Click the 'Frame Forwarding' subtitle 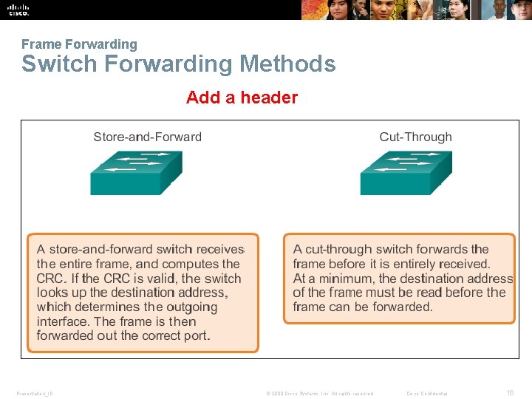tap(79, 44)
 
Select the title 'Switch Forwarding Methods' tap(178, 64)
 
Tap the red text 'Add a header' tap(242, 98)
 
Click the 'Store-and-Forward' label tap(147, 137)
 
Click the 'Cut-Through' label tap(415, 137)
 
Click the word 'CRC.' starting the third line tap(51, 279)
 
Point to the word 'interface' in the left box tap(64, 321)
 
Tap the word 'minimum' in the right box tap(349, 279)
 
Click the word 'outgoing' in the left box tap(191, 307)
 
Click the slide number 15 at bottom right tap(510, 393)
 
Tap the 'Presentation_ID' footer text tap(34, 393)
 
